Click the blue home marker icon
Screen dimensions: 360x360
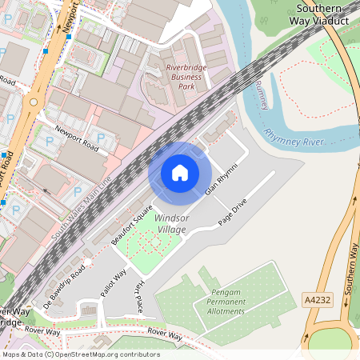[180, 172]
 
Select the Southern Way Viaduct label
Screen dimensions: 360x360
[323, 14]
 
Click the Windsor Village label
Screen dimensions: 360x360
[170, 223]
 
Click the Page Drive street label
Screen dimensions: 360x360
[233, 216]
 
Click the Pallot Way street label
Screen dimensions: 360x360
[113, 282]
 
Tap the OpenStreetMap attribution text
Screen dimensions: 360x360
[80, 354]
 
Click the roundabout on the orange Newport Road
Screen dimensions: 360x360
[33, 102]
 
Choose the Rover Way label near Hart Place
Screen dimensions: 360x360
[166, 334]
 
